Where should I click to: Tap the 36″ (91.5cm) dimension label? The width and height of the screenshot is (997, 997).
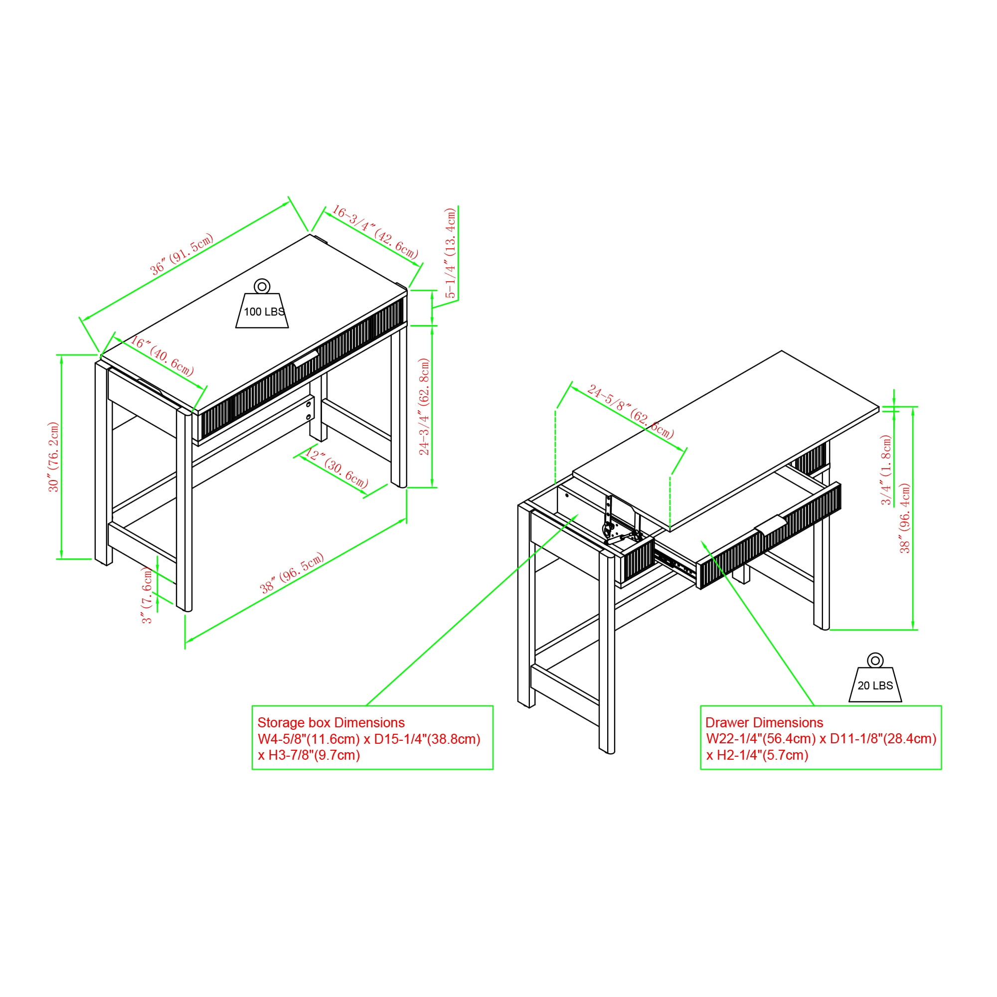pos(181,254)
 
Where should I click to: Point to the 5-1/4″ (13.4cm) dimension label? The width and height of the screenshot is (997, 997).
pos(451,253)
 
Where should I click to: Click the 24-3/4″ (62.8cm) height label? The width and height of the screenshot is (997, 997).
pos(424,407)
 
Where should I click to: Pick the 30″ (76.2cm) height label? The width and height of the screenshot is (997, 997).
pos(54,457)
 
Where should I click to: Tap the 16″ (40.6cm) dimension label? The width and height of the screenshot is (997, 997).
pos(162,356)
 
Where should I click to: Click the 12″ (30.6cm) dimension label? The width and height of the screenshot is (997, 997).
pos(337,469)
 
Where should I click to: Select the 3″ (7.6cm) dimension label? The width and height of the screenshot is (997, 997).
pos(147,595)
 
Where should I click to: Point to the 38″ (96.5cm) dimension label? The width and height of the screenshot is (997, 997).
pos(292,573)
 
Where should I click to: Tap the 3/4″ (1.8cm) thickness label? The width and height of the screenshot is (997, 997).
pos(886,470)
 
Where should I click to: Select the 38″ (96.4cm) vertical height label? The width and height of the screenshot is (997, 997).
pos(905,518)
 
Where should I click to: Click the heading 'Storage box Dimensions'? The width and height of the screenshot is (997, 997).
pos(331,722)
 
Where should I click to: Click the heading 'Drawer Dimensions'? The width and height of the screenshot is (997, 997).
pos(764,722)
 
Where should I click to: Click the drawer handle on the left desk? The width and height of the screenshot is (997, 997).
pos(306,358)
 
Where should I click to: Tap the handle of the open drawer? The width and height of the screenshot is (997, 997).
pos(771,524)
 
